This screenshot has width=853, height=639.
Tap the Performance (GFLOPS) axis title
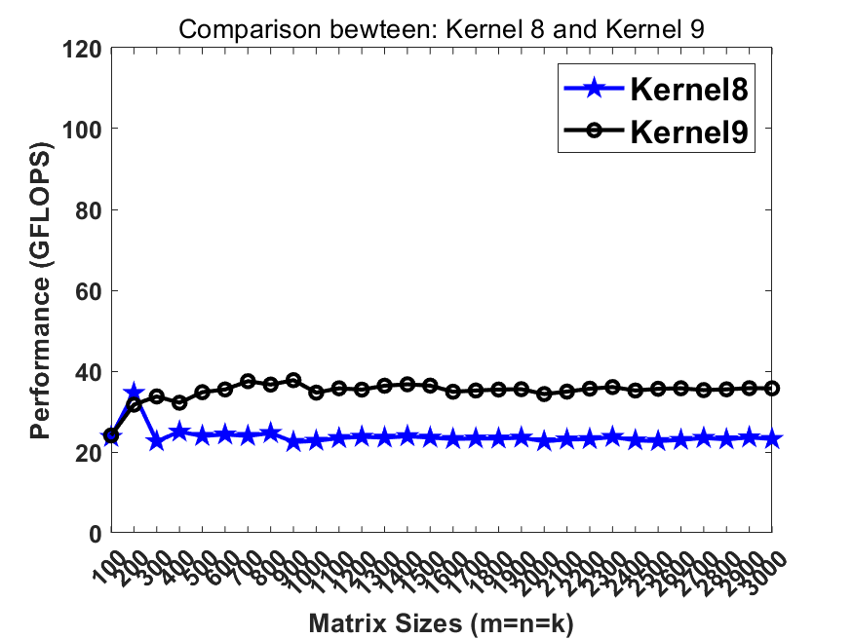pyautogui.click(x=41, y=290)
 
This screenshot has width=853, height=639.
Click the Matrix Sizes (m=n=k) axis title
pyautogui.click(x=441, y=622)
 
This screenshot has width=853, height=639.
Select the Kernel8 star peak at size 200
pyautogui.click(x=134, y=393)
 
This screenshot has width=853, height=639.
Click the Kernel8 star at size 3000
pyautogui.click(x=773, y=439)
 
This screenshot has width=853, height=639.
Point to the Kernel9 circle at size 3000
pyautogui.click(x=773, y=388)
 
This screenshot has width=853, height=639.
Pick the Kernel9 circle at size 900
pyautogui.click(x=293, y=380)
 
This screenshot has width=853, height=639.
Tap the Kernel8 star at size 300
pyautogui.click(x=156, y=441)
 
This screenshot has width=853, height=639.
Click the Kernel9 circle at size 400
pyautogui.click(x=179, y=402)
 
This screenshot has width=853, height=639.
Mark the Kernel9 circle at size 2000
pyautogui.click(x=544, y=394)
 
